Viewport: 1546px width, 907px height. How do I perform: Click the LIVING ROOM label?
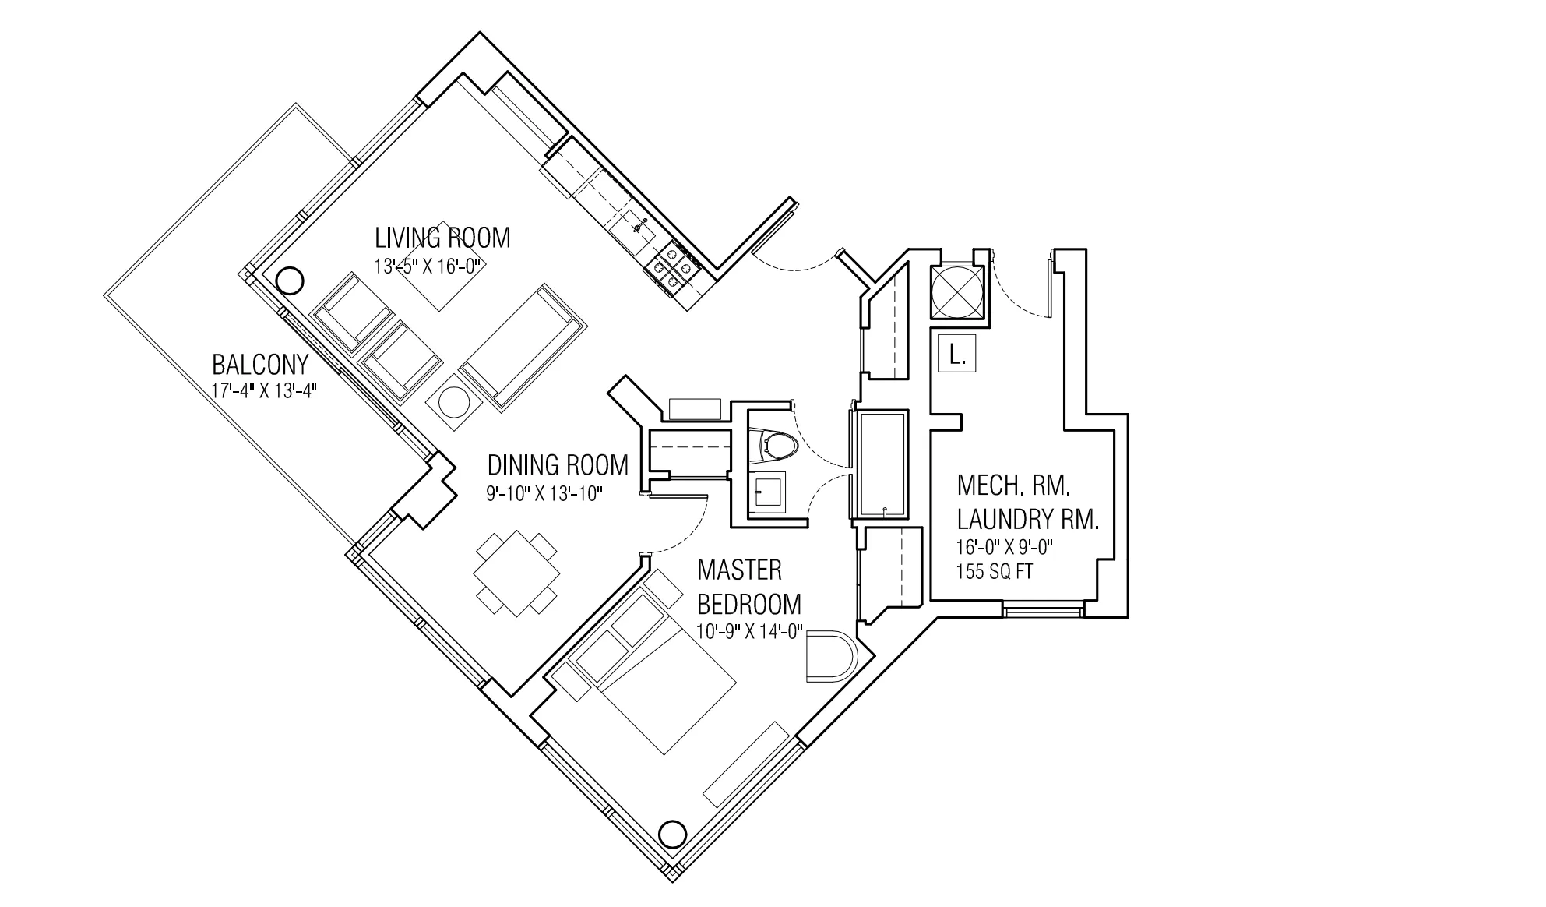click(x=442, y=238)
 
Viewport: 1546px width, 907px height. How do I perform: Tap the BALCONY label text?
click(x=260, y=364)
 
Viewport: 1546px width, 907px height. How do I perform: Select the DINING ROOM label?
click(x=558, y=465)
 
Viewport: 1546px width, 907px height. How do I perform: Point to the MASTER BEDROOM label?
click(x=748, y=587)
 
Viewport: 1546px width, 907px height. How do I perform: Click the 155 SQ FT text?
click(x=995, y=571)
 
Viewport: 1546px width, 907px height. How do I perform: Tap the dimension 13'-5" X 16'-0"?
click(x=430, y=266)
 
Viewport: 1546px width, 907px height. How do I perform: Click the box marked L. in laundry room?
click(x=957, y=356)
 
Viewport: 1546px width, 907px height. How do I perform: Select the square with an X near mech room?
click(x=958, y=292)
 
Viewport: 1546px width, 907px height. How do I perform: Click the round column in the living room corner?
click(x=289, y=280)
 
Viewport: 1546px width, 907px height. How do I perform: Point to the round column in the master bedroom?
click(x=671, y=834)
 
